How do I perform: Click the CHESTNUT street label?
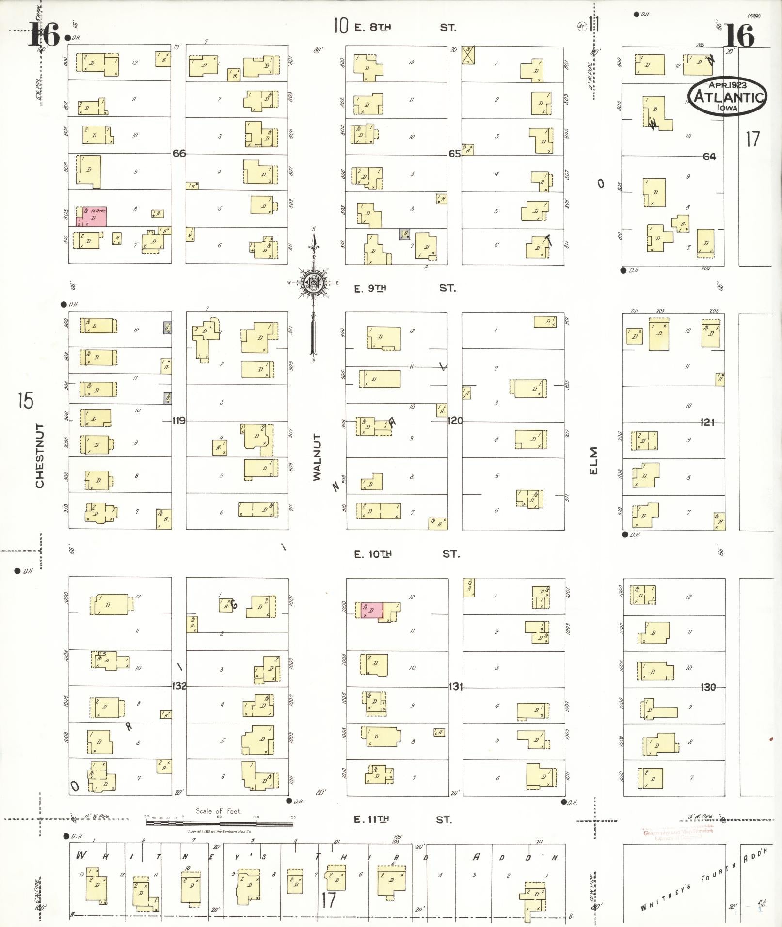pyautogui.click(x=40, y=456)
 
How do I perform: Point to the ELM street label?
pyautogui.click(x=594, y=461)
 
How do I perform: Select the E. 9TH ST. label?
pyautogui.click(x=404, y=288)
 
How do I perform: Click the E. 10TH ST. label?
pyautogui.click(x=406, y=554)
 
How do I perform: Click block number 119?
pyautogui.click(x=179, y=421)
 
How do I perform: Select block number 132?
pyautogui.click(x=179, y=686)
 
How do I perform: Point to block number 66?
pyautogui.click(x=179, y=153)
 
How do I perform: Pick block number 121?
pyautogui.click(x=707, y=423)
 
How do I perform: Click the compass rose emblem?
pyautogui.click(x=314, y=283)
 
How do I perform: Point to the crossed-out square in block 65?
pyautogui.click(x=468, y=55)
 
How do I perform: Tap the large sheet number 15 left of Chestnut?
pyautogui.click(x=25, y=401)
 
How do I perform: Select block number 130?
pyautogui.click(x=708, y=687)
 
